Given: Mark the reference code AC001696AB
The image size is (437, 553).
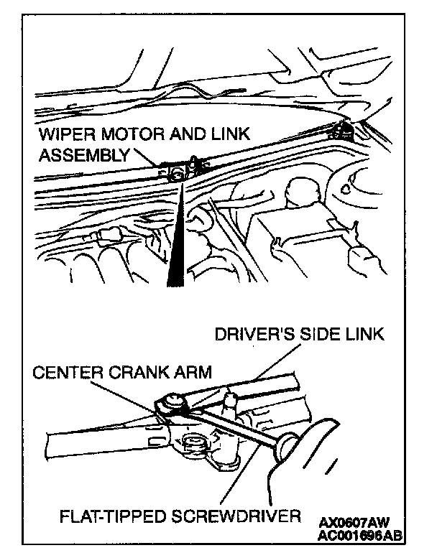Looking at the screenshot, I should [x=359, y=535].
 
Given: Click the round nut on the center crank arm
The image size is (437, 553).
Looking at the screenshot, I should [x=172, y=405].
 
